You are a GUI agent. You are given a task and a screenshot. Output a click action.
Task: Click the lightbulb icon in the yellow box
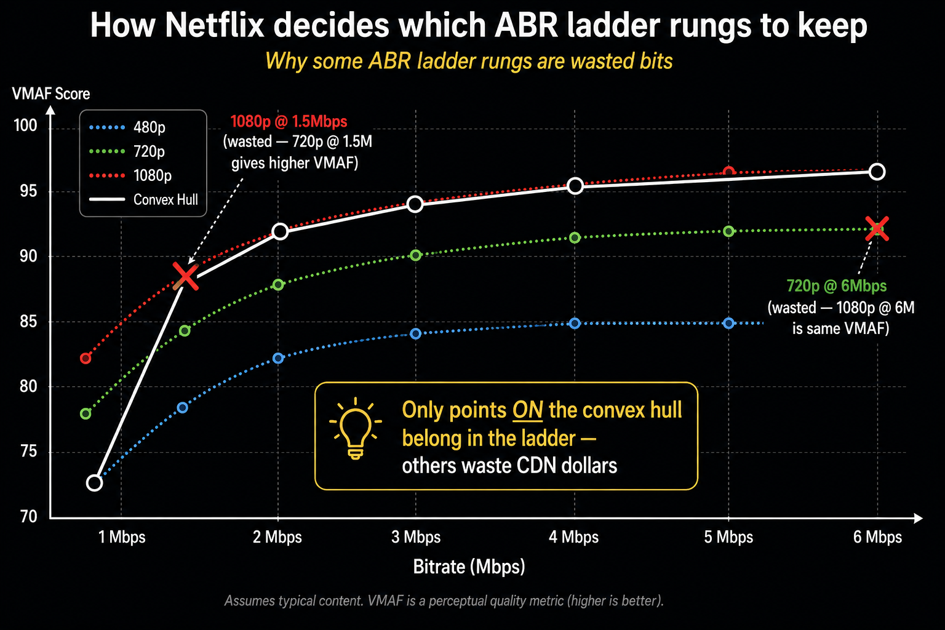click(x=355, y=429)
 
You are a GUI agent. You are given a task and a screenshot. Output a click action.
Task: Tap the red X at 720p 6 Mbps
click(x=877, y=229)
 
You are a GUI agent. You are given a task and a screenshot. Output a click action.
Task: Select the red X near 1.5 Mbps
click(x=186, y=276)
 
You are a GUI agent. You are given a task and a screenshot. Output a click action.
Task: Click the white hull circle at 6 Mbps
click(x=877, y=172)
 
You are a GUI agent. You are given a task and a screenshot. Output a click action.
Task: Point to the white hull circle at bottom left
click(x=95, y=483)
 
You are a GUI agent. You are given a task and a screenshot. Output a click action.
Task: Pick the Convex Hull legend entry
click(x=143, y=199)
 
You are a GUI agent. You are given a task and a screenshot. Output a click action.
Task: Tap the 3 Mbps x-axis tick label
click(x=416, y=537)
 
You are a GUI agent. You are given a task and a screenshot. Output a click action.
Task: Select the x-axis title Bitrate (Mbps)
click(x=469, y=567)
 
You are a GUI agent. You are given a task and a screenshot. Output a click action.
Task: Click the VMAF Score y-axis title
click(x=51, y=94)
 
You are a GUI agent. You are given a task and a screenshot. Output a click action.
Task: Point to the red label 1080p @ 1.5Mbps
click(x=289, y=122)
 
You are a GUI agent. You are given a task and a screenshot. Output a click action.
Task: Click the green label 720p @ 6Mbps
click(x=837, y=286)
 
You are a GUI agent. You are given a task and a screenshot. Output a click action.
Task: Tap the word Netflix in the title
click(x=214, y=25)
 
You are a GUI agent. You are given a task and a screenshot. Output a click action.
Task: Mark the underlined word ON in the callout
click(x=527, y=410)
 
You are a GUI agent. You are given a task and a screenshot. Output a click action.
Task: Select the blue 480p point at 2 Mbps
click(x=278, y=358)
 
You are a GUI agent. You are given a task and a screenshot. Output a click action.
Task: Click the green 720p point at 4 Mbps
click(x=575, y=238)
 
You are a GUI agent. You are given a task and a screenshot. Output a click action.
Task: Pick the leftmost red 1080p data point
click(x=86, y=358)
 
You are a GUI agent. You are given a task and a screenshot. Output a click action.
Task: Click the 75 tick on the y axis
click(x=28, y=452)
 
